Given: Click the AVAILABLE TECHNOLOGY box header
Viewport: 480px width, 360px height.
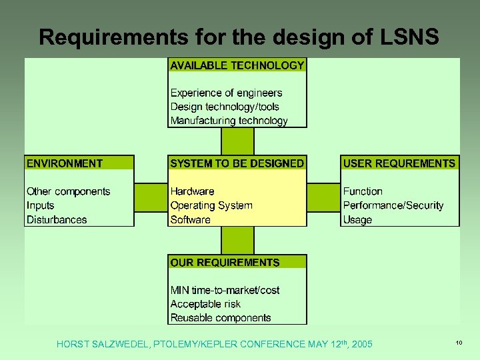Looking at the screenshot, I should tap(237, 65).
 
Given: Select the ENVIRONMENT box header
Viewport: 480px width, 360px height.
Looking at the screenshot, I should tap(65, 163).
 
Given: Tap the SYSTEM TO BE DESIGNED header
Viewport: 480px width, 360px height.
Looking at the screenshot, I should tap(237, 163).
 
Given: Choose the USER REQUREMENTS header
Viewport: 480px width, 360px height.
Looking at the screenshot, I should tap(399, 163).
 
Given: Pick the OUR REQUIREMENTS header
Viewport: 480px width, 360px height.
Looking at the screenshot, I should tap(225, 263).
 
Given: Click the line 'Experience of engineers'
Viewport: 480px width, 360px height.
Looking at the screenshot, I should tap(226, 93).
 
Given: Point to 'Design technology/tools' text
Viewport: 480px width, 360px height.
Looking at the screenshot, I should tap(225, 107).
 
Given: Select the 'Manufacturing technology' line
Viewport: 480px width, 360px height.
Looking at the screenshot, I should tap(229, 121).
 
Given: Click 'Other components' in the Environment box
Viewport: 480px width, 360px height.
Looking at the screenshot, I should tap(68, 192).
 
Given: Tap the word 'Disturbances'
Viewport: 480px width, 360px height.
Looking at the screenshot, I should tap(57, 220).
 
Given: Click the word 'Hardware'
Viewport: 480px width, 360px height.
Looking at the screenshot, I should tap(192, 192).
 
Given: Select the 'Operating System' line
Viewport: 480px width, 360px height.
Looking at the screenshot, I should tap(211, 205).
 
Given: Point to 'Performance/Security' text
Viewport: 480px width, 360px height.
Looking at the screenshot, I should tap(393, 205).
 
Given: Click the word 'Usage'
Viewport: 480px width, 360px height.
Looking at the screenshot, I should tap(357, 220).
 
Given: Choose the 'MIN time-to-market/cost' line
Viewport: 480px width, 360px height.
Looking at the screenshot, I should tap(225, 290).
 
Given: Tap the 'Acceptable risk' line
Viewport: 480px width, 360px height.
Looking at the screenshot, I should tap(205, 304).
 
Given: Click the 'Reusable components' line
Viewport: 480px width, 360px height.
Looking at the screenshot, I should tap(221, 318).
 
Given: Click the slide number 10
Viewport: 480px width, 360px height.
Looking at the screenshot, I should tap(459, 343).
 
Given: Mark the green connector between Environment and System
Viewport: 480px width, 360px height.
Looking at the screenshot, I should tap(151, 198).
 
